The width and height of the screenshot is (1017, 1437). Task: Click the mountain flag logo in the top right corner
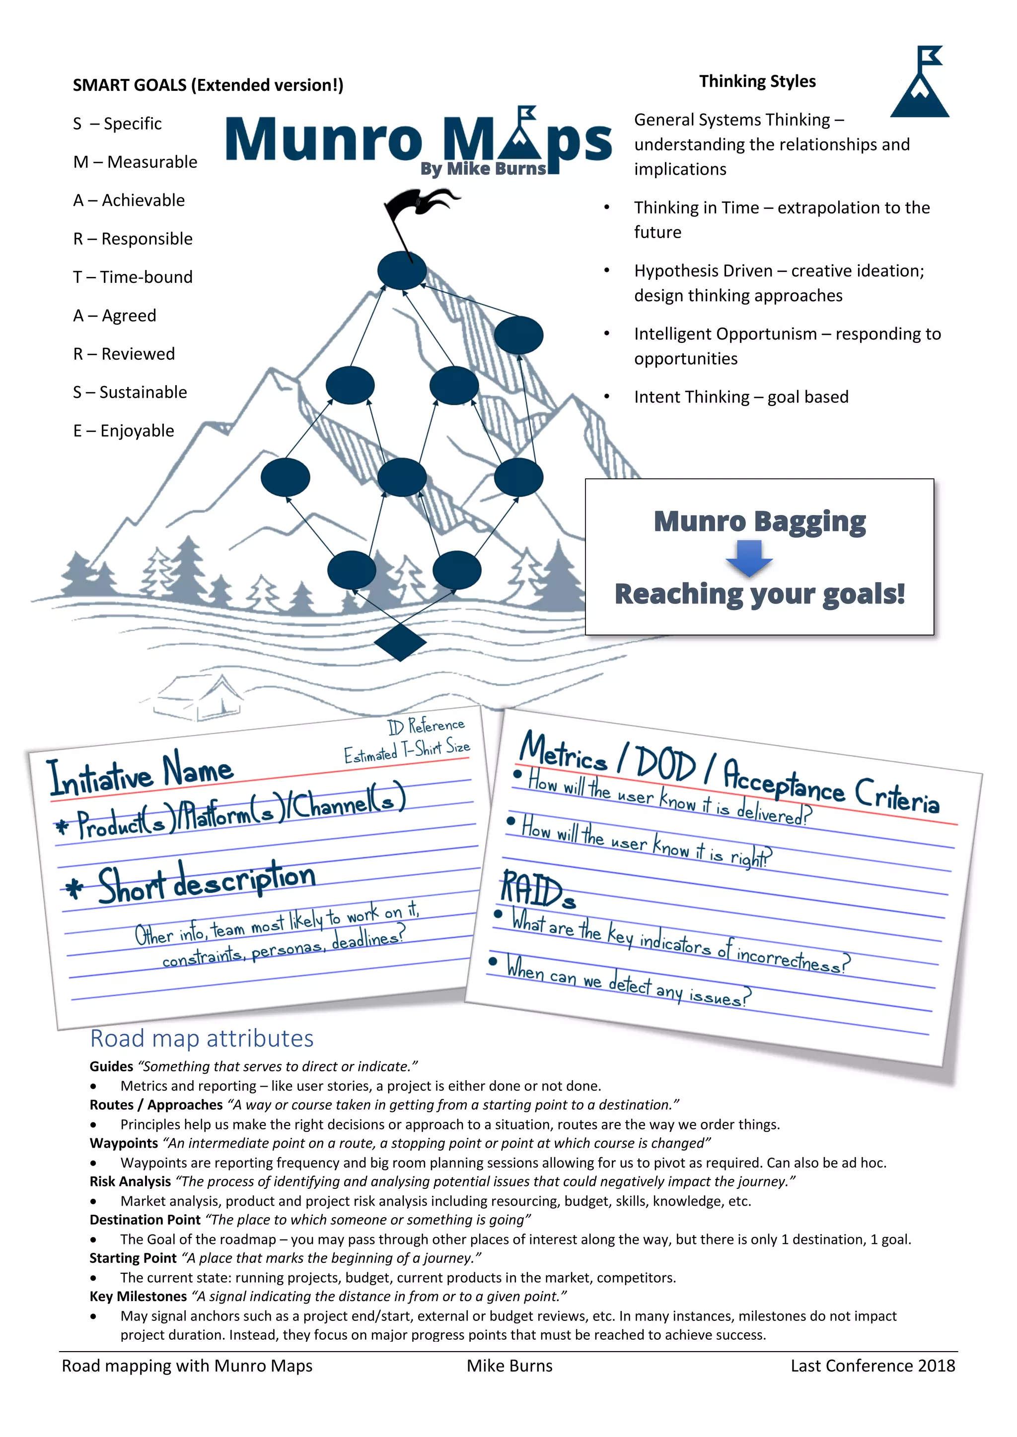coord(919,82)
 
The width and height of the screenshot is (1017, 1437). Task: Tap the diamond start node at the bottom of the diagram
coord(400,642)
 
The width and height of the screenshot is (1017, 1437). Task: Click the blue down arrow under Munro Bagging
coord(749,557)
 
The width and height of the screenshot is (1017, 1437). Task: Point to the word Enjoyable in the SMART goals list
coord(137,431)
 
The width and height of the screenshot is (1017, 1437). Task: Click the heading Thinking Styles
coord(757,81)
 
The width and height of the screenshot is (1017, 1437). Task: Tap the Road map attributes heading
coord(202,1039)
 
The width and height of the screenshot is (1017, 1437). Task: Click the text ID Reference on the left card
coord(426,725)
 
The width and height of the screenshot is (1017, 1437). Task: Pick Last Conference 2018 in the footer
coord(872,1365)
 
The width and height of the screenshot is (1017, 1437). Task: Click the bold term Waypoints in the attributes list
coord(123,1143)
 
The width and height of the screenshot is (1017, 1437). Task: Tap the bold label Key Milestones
coord(139,1296)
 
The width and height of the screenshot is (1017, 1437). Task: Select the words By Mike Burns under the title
coord(483,169)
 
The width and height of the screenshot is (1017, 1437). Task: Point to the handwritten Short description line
coord(207,881)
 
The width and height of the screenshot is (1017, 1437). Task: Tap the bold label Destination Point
coord(145,1219)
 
